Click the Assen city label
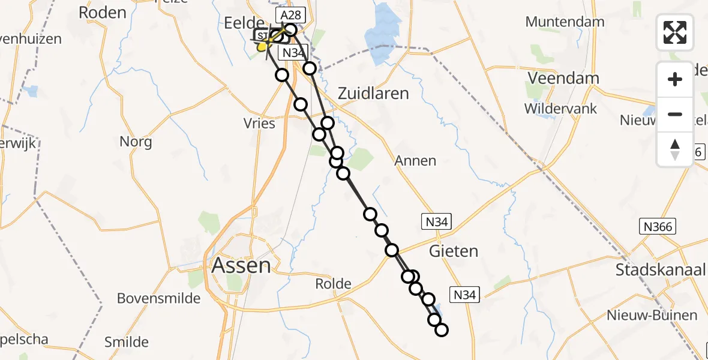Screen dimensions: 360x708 241,265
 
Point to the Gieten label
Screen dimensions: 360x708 454,251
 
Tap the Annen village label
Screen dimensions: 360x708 415,161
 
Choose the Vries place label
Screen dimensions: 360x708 260,124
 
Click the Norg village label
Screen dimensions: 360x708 136,142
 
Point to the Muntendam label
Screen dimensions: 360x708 565,22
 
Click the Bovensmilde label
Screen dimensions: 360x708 158,298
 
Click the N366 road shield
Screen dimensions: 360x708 657,226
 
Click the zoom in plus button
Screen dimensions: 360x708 675,79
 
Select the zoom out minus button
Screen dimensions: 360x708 675,114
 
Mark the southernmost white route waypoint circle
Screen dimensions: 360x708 441,329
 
